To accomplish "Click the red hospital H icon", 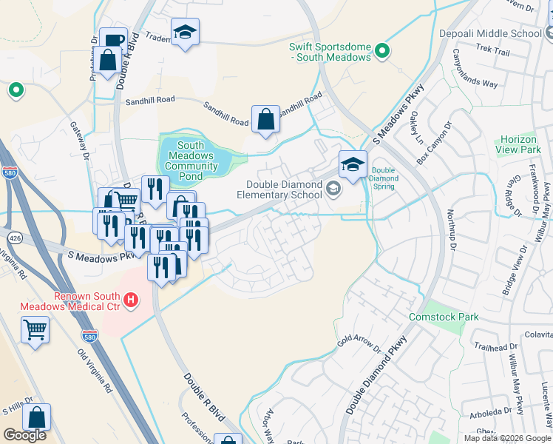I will [131, 300].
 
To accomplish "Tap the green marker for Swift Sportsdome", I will [381, 50].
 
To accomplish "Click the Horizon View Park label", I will [520, 144].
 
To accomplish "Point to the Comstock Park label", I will [444, 317].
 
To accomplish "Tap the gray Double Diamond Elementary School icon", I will [333, 190].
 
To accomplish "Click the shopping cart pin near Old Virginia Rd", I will [35, 330].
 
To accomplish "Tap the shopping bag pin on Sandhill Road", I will [265, 119].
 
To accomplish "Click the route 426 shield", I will [14, 238].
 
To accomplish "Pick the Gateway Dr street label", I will [79, 141].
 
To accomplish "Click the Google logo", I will [24, 435].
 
